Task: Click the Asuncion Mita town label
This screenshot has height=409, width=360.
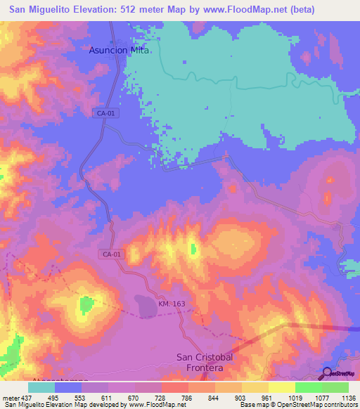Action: [119, 50]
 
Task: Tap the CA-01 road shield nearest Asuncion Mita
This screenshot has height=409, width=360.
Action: [103, 112]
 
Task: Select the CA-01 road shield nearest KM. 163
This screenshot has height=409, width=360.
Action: [111, 254]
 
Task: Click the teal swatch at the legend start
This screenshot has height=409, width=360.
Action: [41, 387]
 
